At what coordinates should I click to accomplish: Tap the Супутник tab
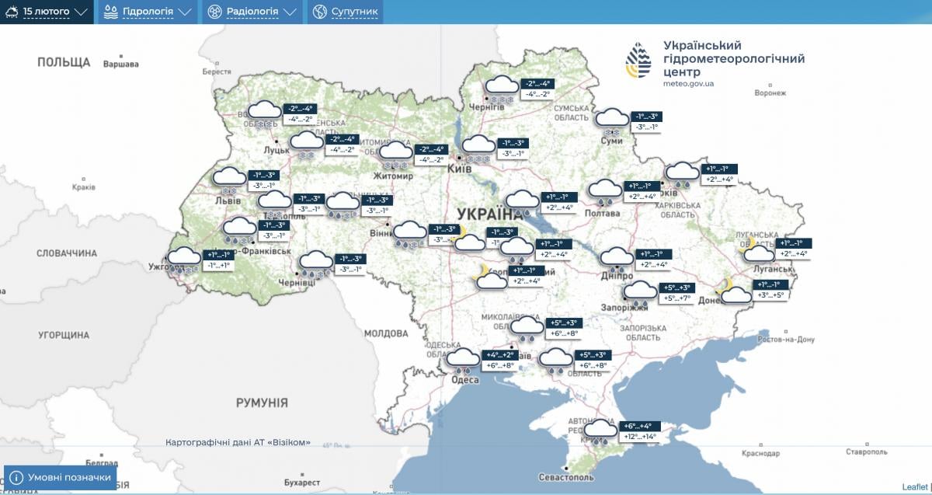(346, 12)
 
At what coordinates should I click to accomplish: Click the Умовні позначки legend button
(61, 477)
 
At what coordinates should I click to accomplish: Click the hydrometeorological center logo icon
(638, 61)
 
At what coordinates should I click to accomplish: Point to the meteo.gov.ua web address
(689, 83)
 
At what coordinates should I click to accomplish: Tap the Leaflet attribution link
(914, 486)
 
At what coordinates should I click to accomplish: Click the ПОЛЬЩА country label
(64, 62)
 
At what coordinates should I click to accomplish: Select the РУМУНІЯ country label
(262, 403)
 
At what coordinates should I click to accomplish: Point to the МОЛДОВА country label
(386, 333)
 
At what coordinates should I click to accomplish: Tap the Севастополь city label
(565, 477)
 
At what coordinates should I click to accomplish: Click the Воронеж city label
(770, 92)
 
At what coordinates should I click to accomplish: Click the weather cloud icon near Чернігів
(501, 87)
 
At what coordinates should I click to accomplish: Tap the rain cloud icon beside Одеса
(464, 359)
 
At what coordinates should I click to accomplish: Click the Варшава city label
(121, 64)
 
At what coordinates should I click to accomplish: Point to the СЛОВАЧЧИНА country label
(67, 253)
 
